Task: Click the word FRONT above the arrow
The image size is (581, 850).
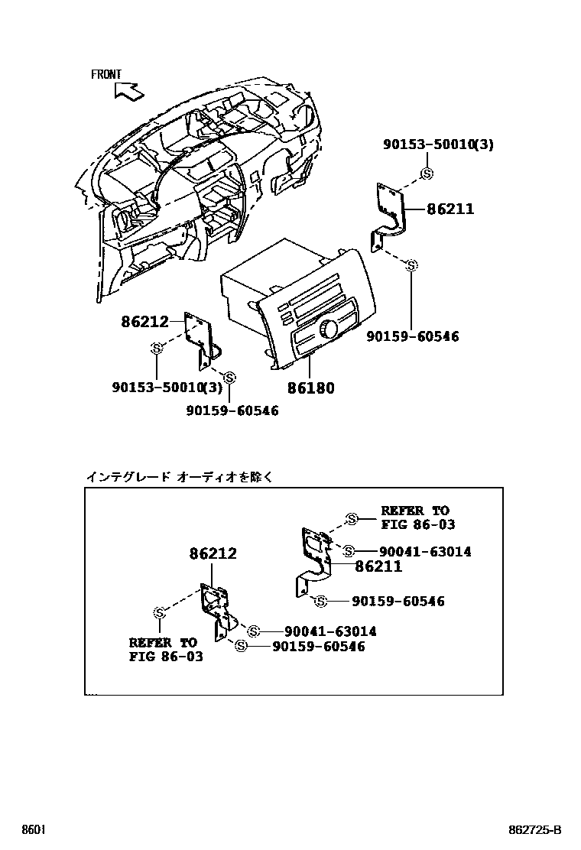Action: [106, 74]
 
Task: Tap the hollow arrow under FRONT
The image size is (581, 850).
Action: [128, 92]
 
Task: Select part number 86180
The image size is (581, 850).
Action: [311, 388]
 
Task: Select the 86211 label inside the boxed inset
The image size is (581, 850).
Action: [378, 566]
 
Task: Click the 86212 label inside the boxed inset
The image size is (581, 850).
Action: [213, 553]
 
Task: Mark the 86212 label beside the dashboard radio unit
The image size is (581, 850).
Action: [144, 323]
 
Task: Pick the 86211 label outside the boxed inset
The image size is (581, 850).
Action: [450, 209]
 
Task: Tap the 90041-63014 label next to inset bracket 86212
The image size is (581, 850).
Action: [330, 631]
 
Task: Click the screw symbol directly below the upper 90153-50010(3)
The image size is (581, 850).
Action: [427, 174]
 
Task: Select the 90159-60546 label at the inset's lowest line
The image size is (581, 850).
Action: [319, 647]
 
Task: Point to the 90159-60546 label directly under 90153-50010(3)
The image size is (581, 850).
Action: [232, 410]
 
